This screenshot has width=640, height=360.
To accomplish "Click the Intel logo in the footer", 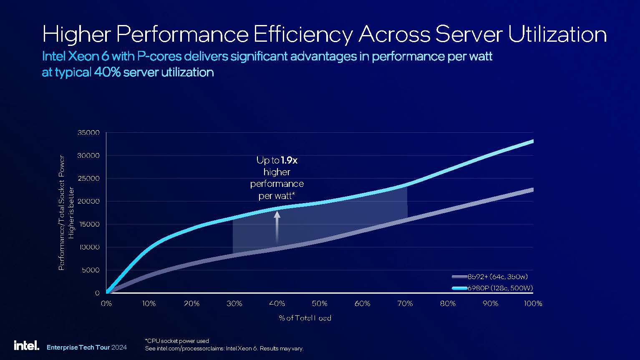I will click(26, 345).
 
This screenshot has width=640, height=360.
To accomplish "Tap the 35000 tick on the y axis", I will click(88, 133).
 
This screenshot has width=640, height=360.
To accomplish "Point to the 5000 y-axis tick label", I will click(90, 270).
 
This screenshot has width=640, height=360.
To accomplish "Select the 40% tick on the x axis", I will click(277, 304).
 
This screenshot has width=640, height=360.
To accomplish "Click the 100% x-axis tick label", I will click(533, 304).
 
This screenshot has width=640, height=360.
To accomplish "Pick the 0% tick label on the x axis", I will click(106, 304).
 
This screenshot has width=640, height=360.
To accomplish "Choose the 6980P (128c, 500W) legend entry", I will click(492, 288).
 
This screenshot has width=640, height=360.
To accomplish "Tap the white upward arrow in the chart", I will click(277, 227).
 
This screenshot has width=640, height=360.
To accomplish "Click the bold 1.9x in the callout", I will click(289, 160).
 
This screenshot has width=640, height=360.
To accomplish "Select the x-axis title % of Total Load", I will click(305, 318).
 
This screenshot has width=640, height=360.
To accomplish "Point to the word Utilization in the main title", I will click(557, 34).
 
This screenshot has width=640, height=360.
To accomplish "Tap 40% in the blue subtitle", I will click(108, 72).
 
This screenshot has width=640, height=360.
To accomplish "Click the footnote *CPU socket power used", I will click(177, 341).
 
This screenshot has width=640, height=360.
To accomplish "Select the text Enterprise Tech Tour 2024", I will click(87, 347).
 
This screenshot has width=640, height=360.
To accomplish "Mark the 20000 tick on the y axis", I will click(88, 201).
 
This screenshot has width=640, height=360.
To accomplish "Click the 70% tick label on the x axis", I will click(405, 304).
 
